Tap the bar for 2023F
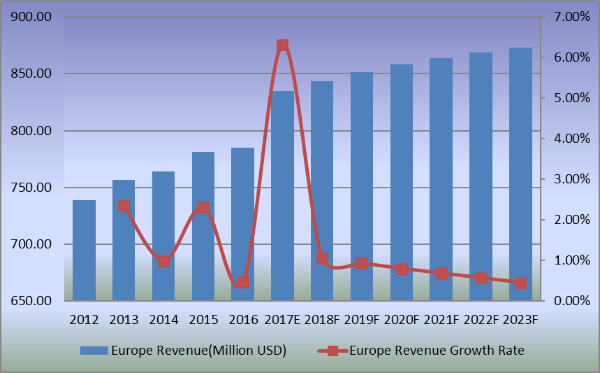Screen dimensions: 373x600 pos(521,174)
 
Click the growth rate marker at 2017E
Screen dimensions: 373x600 pos(283,45)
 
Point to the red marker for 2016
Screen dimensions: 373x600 pos(243,283)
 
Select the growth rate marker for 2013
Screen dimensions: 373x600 pos(124,206)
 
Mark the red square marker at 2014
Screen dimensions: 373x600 pos(163,261)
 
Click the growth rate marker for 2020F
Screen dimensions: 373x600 pos(402,269)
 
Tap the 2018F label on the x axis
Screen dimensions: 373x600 pos(322,320)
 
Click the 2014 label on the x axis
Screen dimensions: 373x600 pos(163,320)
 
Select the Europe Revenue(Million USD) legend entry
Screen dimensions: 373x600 pos(183,351)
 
